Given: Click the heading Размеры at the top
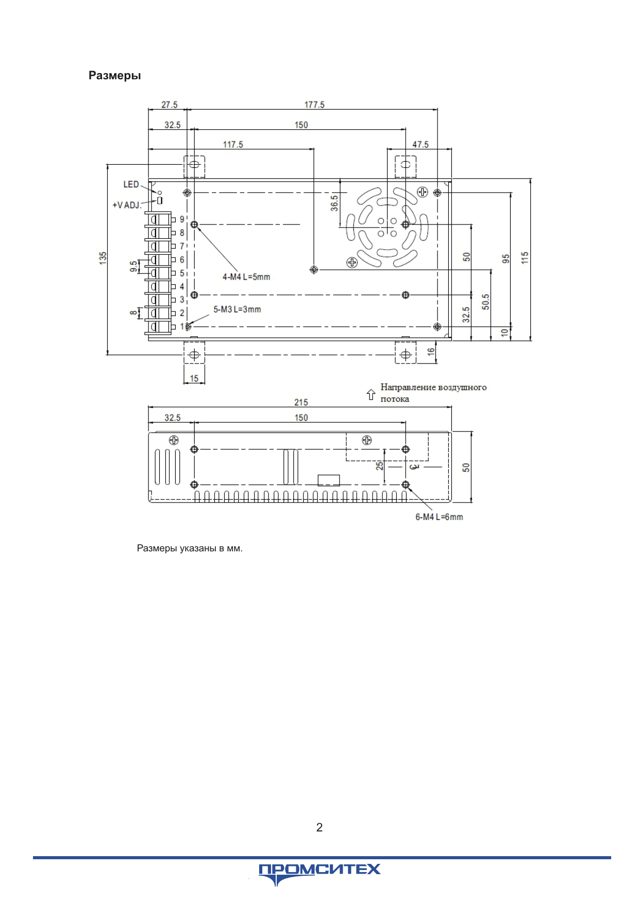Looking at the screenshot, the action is point(114,76).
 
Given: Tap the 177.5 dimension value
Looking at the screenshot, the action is point(314,105).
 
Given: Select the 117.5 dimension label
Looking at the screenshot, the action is point(233,145).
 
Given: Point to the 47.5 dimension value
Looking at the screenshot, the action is point(421,145).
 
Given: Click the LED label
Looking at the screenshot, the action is point(131,184).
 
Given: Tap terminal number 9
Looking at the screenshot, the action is point(182,219).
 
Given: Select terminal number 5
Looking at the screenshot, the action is point(182,273).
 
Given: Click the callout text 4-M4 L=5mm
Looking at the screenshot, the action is point(246,277).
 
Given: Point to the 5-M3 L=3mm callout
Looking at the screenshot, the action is point(238,309).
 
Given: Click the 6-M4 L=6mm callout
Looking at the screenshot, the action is point(439,517).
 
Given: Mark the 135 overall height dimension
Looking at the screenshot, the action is point(103,258).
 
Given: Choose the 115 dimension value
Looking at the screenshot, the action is point(525,258).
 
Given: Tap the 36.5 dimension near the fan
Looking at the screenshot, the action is point(334,203).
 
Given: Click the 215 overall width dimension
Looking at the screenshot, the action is point(301,403).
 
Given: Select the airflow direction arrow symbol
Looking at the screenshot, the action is point(371,395).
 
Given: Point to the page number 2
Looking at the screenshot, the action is point(320,827).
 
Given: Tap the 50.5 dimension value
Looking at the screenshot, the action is point(485,302).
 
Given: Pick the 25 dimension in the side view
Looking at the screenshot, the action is point(380,466).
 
